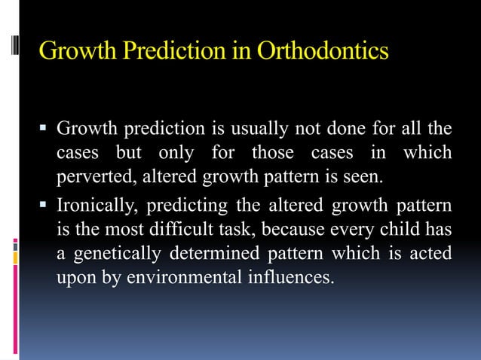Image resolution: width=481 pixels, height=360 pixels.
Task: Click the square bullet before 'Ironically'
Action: pyautogui.click(x=46, y=205)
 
